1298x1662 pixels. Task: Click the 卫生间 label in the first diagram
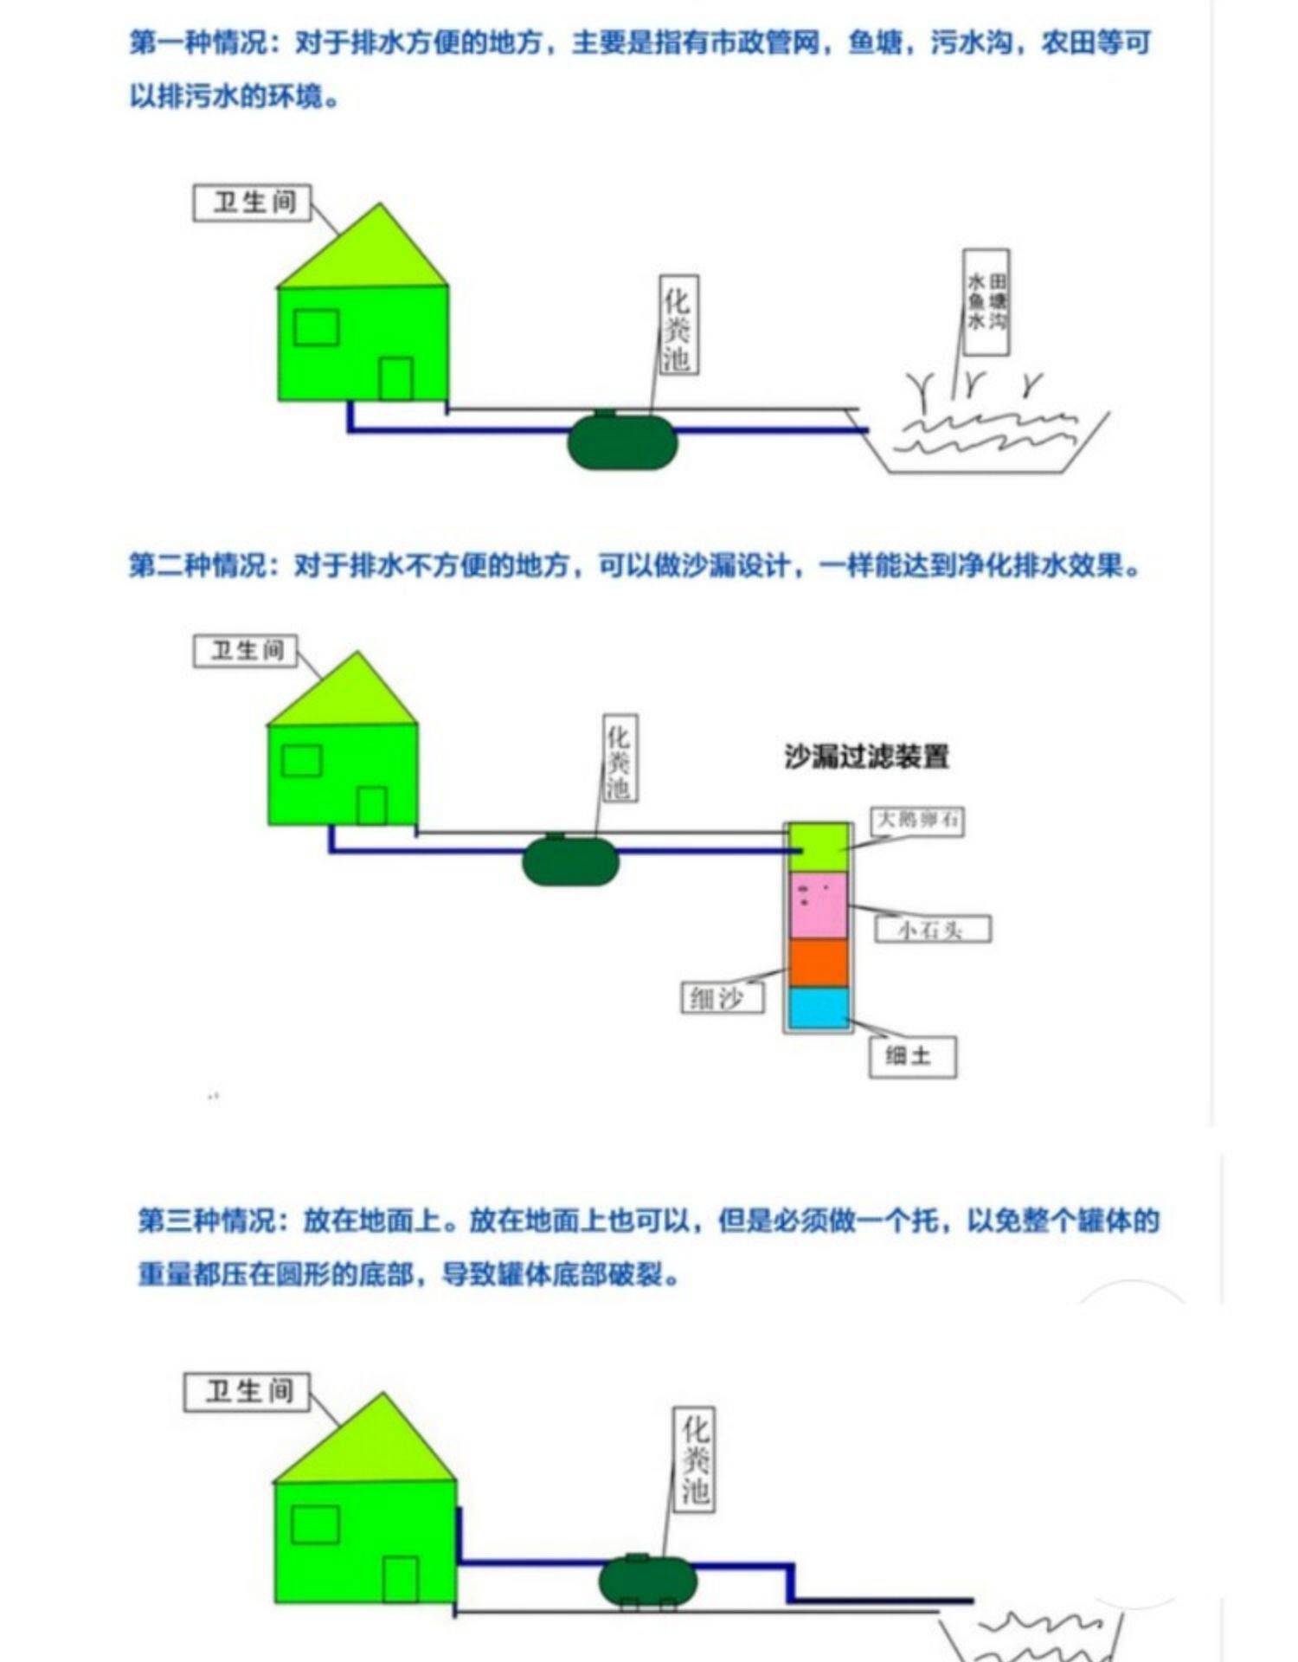[x=251, y=203]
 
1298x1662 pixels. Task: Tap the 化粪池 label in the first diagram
[x=678, y=325]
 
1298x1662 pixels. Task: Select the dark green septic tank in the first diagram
[x=622, y=441]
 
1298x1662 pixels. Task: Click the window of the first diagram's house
[x=316, y=327]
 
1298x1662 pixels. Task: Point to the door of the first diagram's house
[x=396, y=379]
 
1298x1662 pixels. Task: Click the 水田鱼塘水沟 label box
[x=986, y=301]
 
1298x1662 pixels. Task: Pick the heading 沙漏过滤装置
[x=866, y=757]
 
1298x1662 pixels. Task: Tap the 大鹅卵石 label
[x=917, y=820]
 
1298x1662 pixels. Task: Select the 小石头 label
[x=932, y=930]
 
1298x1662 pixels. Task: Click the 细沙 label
[x=722, y=998]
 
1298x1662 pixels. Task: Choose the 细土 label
[x=912, y=1056]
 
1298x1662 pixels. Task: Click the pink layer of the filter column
[x=818, y=905]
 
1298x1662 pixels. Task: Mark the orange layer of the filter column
[x=818, y=963]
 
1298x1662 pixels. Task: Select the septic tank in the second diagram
[x=570, y=862]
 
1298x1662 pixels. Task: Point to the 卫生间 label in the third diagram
[x=247, y=1392]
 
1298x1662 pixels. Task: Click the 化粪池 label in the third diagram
[x=695, y=1459]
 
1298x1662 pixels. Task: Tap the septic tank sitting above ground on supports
[x=648, y=1581]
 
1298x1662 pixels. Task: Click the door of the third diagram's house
[x=401, y=1579]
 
